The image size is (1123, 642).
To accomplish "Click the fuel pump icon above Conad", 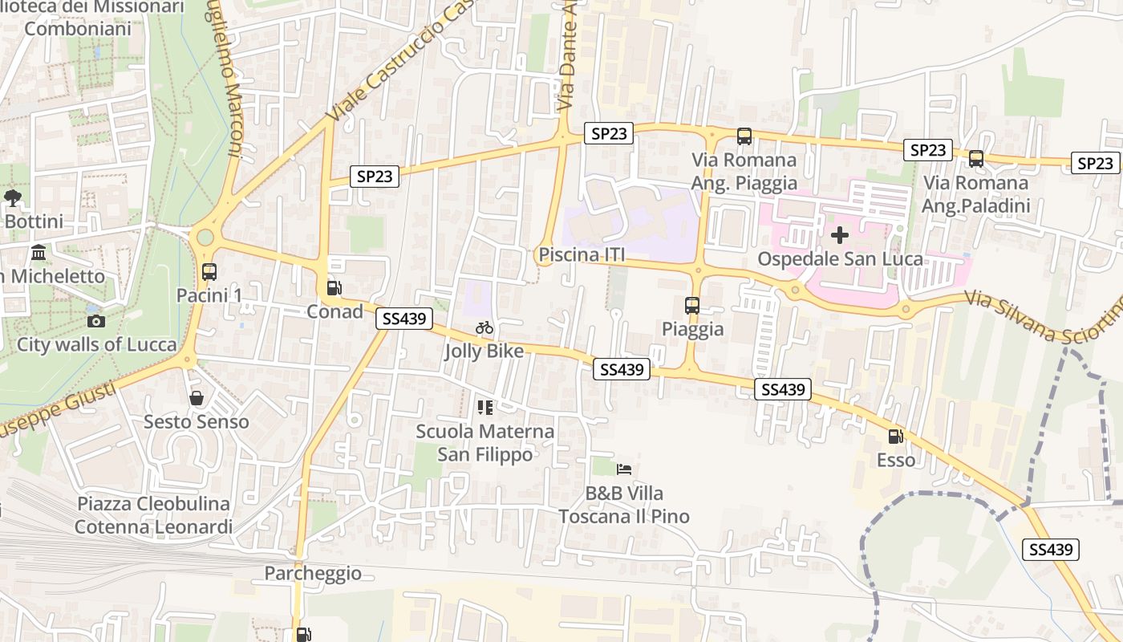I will (333, 288).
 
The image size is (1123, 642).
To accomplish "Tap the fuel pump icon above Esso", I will (895, 437).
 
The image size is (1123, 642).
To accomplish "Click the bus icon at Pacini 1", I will (209, 272).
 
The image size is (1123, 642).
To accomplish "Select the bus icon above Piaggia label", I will (691, 306).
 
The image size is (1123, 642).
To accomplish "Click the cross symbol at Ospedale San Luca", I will (840, 235).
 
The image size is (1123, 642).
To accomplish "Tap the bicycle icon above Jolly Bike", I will (484, 327).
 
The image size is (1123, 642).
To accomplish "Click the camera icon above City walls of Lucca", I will (95, 321).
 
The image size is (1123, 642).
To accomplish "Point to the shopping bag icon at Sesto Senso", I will (196, 398).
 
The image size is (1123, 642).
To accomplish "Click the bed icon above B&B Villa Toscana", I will (623, 469).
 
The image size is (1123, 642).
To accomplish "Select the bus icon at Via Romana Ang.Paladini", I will (975, 159).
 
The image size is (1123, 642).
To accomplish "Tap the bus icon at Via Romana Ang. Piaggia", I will (744, 136).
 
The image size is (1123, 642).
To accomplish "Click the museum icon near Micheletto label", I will (38, 254).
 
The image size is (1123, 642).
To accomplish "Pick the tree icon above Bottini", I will (12, 197).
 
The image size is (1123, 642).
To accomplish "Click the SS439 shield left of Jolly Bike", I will (404, 319).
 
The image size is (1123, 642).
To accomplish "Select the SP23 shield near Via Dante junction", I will (609, 133).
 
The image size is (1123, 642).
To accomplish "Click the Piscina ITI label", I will (582, 255).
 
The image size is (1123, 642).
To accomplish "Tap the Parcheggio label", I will (313, 573).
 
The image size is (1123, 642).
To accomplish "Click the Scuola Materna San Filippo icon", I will (484, 408).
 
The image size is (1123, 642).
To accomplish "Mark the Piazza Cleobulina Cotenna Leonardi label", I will (153, 515).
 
